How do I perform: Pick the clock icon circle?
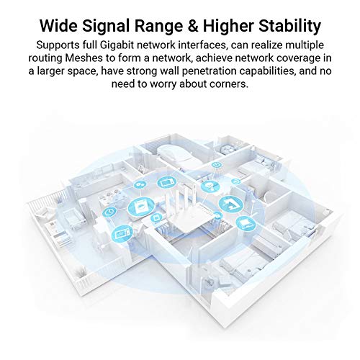tap(110, 213)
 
